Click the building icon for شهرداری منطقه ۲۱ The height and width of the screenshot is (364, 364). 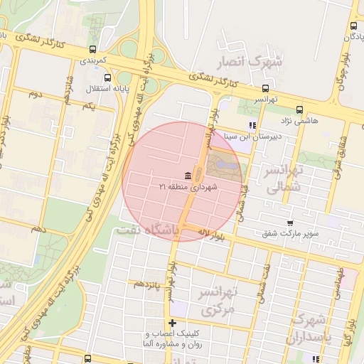188,176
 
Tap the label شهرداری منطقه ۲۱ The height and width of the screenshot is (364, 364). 188,186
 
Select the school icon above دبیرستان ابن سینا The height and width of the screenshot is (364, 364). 251,127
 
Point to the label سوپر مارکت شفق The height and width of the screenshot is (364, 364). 289,233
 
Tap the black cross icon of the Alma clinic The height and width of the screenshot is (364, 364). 171,323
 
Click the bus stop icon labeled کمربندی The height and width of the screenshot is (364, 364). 92,50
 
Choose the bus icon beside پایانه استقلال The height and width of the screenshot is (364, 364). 107,79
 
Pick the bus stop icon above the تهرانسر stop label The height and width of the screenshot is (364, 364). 265,89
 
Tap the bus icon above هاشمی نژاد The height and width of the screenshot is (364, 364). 299,110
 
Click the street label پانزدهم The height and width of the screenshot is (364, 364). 148,284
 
